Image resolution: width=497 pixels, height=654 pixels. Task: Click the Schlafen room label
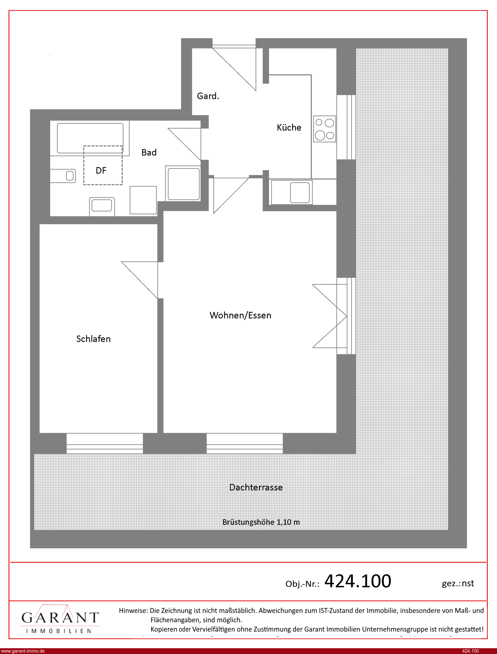coord(94,339)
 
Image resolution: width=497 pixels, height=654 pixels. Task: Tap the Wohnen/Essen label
coord(241,315)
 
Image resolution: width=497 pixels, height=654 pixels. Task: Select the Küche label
coord(289,128)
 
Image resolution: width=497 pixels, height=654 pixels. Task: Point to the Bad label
coord(149,152)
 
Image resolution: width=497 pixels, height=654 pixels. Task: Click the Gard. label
coord(208,96)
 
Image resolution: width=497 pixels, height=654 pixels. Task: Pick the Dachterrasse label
coord(256,487)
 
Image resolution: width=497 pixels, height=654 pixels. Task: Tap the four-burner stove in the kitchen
coord(325,129)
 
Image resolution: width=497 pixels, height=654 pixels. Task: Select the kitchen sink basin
coord(300,192)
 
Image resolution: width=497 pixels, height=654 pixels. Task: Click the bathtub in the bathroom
coord(90,138)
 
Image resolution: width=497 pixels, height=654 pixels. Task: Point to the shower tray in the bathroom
coord(183,184)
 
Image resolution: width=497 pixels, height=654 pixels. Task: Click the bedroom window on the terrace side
coord(105,443)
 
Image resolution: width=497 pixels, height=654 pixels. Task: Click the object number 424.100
coord(358,581)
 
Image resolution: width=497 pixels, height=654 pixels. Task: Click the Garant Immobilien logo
coord(60,619)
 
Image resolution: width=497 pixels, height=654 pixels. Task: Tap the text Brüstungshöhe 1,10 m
coord(261,522)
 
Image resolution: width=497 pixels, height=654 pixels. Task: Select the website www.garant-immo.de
coord(23,651)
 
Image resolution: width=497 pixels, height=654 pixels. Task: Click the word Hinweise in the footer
coord(133,610)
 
